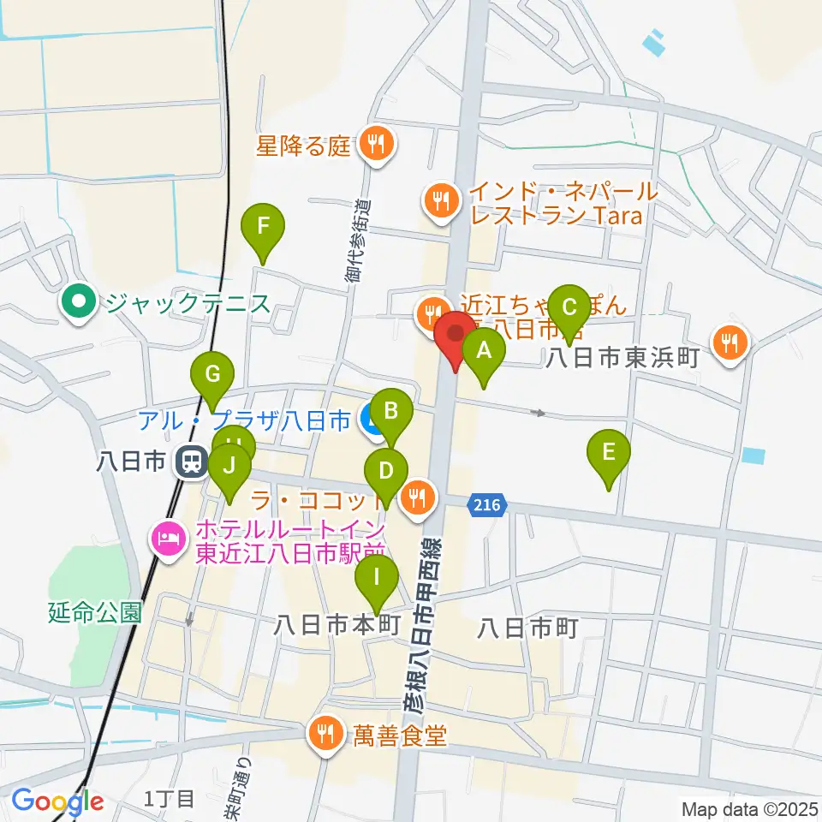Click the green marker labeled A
pos(484,350)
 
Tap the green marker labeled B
pos(390,412)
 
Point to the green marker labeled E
pos(609,452)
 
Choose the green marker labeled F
pos(263,227)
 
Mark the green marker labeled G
pos(212,375)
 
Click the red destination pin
pos(455,334)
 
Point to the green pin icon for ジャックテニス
pos(80,302)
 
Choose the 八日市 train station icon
pos(189,463)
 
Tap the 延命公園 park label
pos(94,613)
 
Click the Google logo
pos(57,802)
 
